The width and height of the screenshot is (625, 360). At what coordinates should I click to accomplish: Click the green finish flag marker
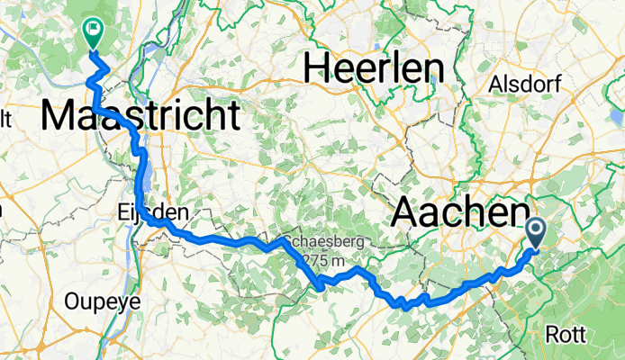click(x=92, y=32)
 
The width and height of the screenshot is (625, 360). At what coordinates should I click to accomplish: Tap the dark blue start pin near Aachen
click(x=534, y=233)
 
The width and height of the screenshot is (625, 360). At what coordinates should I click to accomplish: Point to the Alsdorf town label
click(x=524, y=85)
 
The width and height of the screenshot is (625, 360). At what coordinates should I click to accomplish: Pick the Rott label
click(x=566, y=334)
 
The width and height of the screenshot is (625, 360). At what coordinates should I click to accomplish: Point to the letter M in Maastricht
click(x=59, y=116)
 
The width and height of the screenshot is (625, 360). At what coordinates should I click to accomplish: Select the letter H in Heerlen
click(x=319, y=67)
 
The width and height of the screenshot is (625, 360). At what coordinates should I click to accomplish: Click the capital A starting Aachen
click(x=406, y=213)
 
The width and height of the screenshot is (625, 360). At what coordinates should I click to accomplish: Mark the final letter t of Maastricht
click(x=234, y=116)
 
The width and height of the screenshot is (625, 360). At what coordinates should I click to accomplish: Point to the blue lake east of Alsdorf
click(x=615, y=119)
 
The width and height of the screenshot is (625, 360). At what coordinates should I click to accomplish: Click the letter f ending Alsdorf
click(x=557, y=85)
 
